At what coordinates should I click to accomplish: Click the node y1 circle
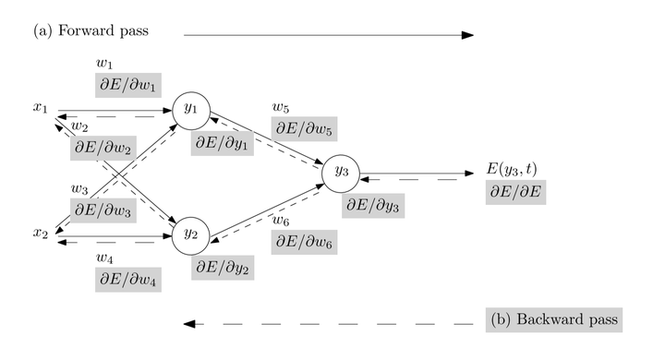tap(191, 110)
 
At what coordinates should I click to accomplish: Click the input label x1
tap(40, 109)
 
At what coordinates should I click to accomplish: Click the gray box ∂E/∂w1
tap(127, 84)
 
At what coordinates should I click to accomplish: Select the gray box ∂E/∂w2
tap(102, 147)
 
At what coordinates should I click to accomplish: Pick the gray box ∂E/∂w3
tap(103, 210)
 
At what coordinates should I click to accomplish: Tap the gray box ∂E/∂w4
tap(127, 276)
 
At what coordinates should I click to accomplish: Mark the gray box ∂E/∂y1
tap(223, 144)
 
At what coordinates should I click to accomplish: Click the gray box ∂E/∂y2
tap(222, 270)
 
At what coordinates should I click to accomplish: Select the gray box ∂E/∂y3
tap(372, 207)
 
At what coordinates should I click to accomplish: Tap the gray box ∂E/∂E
tap(518, 193)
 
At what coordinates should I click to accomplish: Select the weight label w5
tap(280, 108)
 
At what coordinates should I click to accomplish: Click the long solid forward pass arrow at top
tap(328, 35)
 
